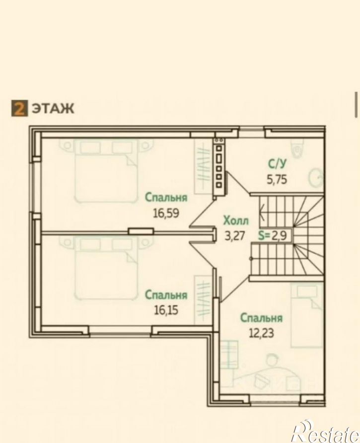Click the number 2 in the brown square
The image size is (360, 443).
[x=19, y=109]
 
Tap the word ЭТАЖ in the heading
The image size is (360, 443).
[x=53, y=109]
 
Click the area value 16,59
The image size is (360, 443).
[x=166, y=213]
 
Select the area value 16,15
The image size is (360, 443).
[x=166, y=310]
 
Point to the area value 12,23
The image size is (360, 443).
[x=261, y=333]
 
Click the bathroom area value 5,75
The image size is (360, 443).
[x=277, y=179]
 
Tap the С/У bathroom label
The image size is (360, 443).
[x=277, y=164]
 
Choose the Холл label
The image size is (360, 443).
[x=236, y=221]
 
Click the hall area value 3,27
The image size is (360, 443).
[x=234, y=235]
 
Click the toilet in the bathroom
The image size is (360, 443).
[x=298, y=147]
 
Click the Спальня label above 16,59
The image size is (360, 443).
[x=166, y=198]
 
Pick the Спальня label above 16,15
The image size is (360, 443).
[x=166, y=295]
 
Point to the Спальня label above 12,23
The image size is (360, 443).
[x=261, y=318]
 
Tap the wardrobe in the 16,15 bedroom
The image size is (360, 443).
[x=203, y=300]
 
